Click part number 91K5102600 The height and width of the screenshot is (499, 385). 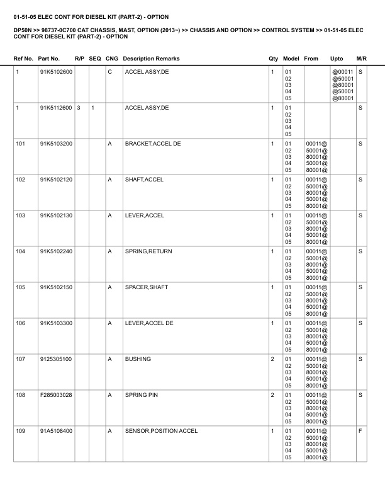pos(56,72)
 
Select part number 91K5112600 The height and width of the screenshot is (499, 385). pos(56,108)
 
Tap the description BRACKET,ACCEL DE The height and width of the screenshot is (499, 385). pos(153,144)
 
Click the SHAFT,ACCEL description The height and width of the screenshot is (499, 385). pos(144,180)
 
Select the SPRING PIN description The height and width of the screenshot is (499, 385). pos(140,395)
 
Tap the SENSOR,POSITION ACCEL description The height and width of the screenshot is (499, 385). pos(161,431)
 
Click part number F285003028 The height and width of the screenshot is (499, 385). pos(56,395)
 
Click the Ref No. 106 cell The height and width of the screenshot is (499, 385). pos(21,323)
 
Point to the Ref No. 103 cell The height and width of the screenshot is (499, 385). pos(21,215)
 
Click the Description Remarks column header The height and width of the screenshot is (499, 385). pos(151,59)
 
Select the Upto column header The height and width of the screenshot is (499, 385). pos(337,59)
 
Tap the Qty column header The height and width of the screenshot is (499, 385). pos(273,59)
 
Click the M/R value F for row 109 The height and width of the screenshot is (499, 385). pos(360,431)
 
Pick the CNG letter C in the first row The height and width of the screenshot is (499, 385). pos(109,72)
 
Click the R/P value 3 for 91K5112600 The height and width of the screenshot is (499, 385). pos(79,108)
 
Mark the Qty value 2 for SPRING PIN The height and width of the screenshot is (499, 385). pos(272,395)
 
